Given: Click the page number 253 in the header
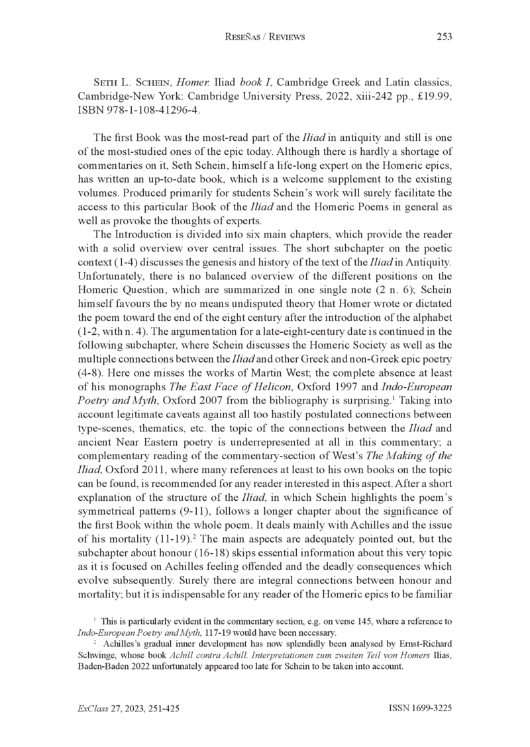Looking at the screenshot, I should (444, 37).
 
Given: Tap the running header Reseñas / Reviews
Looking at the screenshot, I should (265, 37).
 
